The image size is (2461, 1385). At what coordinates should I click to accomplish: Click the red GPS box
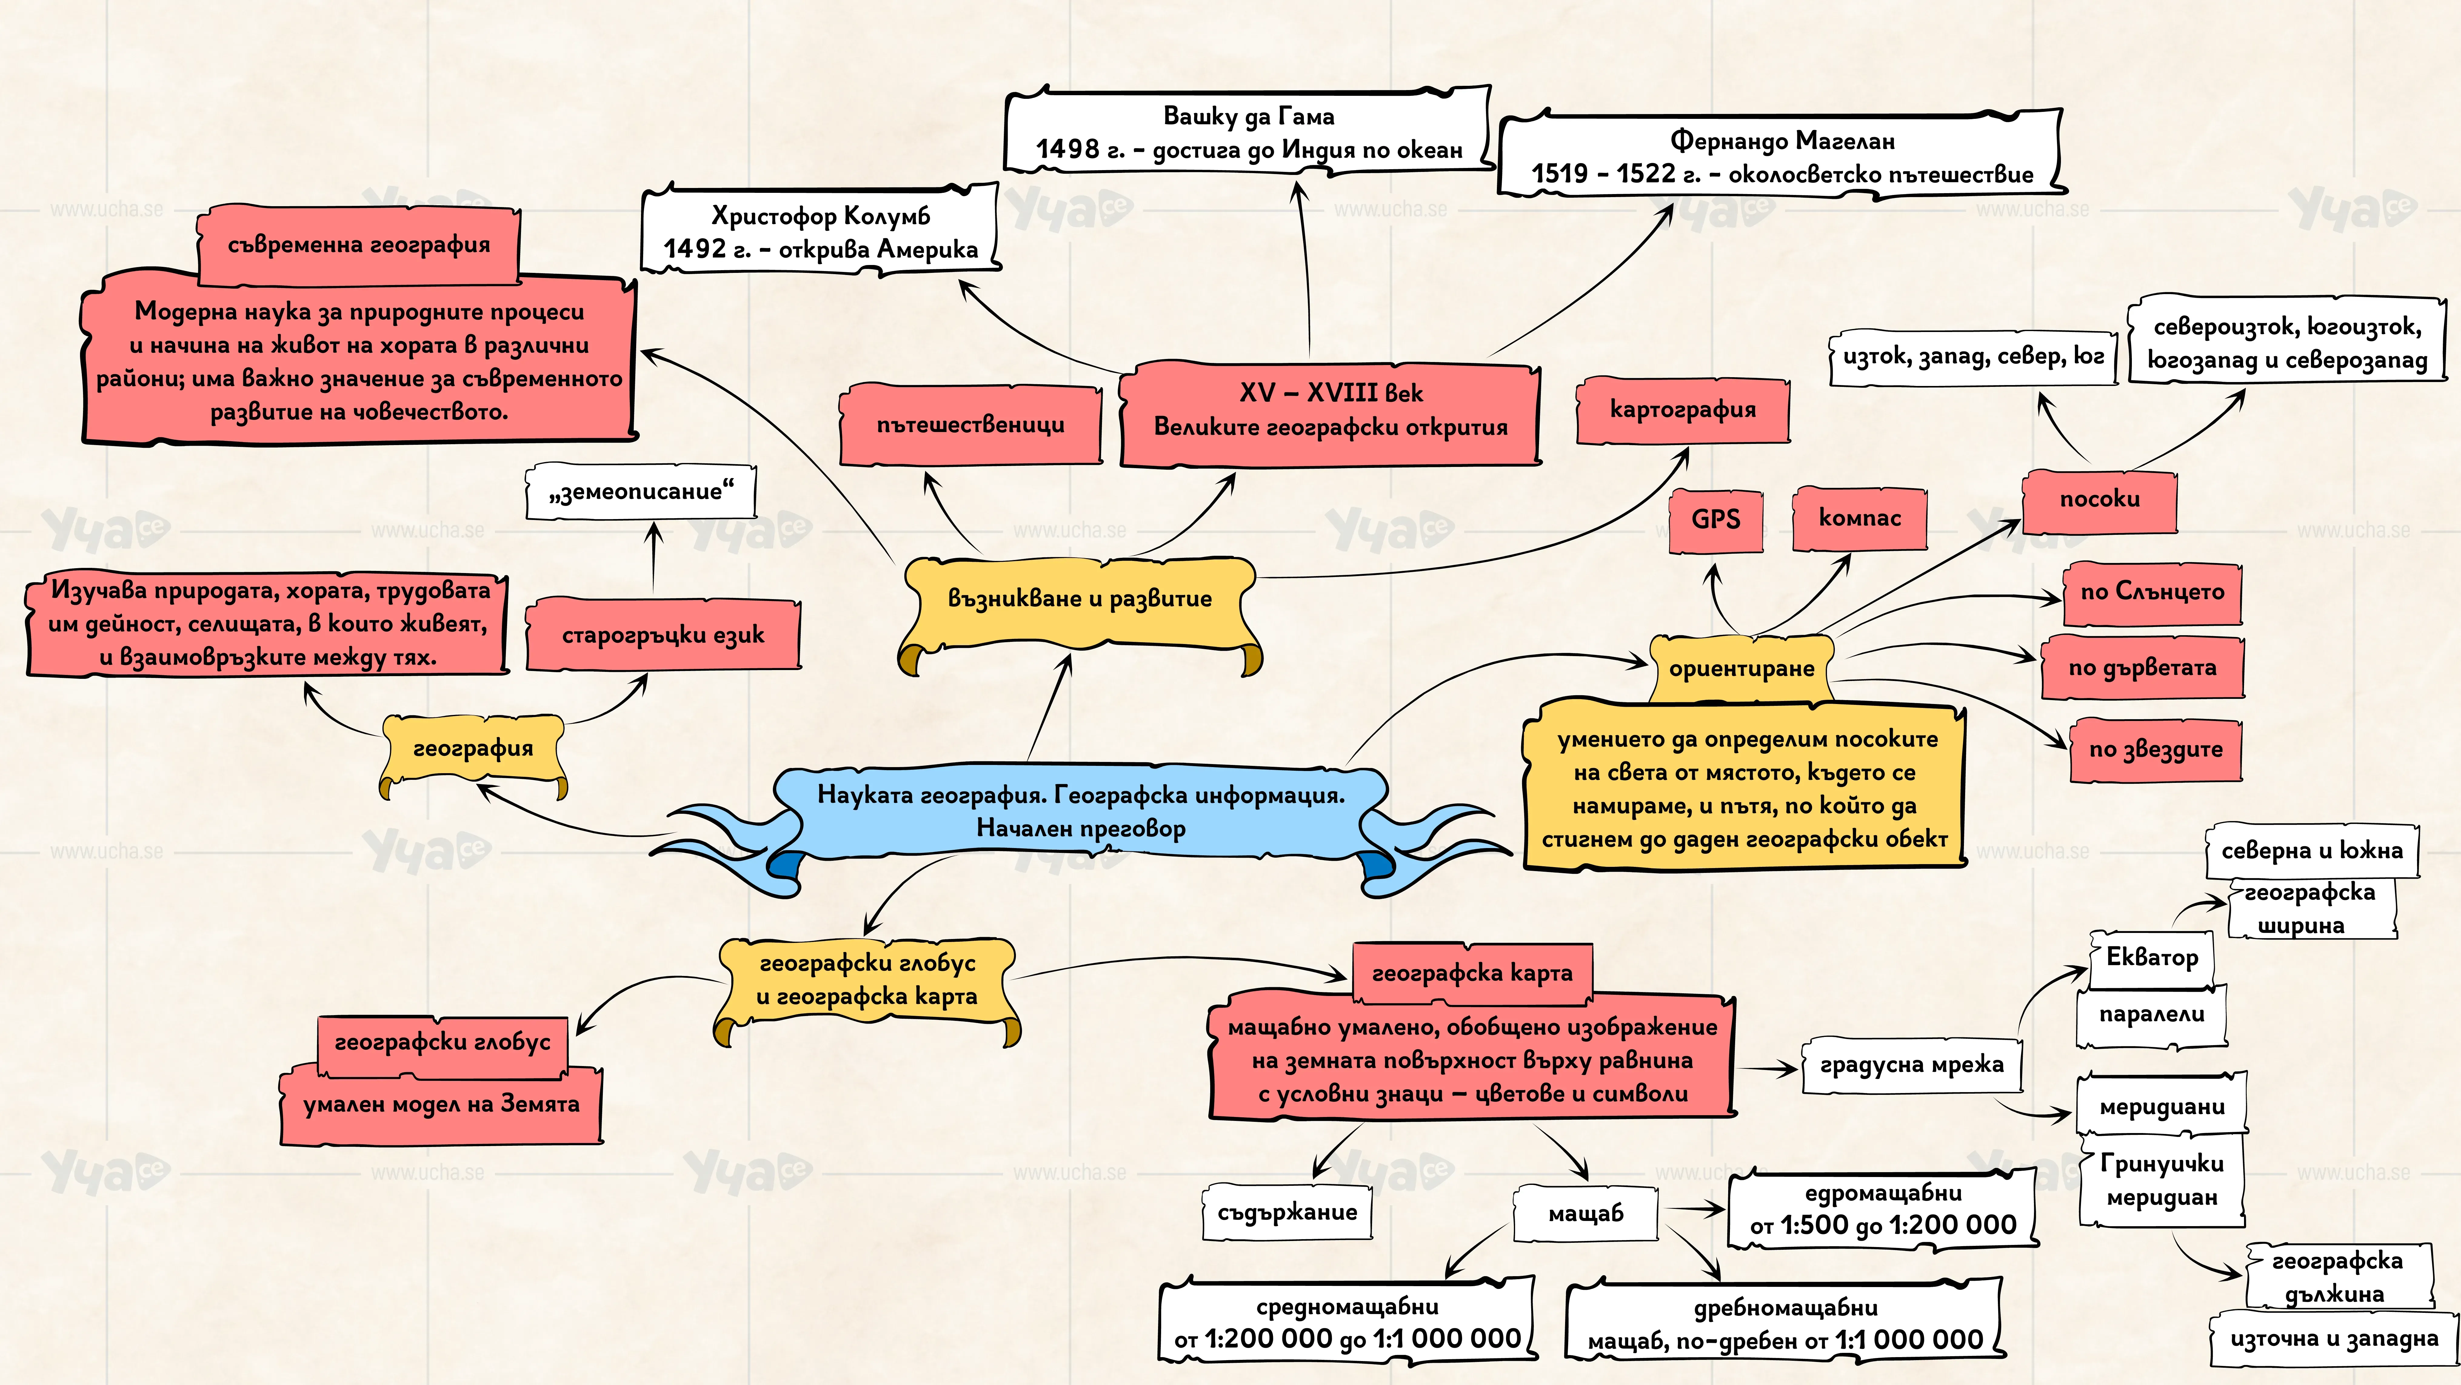[x=1716, y=520]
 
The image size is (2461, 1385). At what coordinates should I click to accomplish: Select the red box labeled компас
[x=1859, y=518]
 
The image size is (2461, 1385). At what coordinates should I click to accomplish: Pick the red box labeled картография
[x=1682, y=410]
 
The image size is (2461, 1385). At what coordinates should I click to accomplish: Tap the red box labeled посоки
[x=2100, y=500]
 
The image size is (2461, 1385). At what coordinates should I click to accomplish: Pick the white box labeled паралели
[x=2152, y=1015]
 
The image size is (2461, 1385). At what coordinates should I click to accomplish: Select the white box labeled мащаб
[x=1586, y=1214]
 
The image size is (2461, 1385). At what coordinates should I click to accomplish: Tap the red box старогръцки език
[x=663, y=635]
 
